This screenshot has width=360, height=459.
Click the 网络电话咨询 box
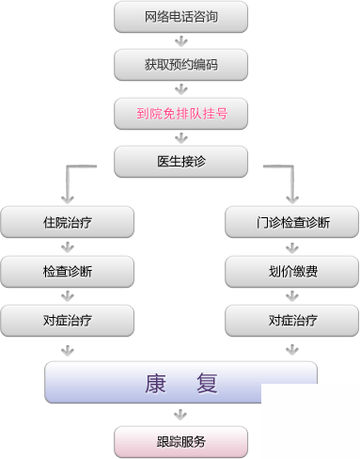pos(180,16)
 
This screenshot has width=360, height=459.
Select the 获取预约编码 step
pos(180,65)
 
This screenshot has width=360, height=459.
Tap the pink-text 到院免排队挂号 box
pos(180,114)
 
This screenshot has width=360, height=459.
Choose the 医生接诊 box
pos(180,162)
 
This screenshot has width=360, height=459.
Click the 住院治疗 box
pos(67,224)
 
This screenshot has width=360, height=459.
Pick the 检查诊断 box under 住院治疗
pos(67,272)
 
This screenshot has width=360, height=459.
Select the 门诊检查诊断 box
pos(292,224)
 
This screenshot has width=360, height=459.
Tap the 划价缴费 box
pos(292,272)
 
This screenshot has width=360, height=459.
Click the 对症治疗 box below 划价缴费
pos(292,321)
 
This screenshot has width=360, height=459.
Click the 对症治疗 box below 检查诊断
pos(67,321)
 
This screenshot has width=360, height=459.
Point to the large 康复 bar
pos(180,383)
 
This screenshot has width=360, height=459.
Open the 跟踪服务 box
pos(180,441)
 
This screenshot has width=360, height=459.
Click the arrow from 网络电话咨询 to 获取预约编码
pos(180,40)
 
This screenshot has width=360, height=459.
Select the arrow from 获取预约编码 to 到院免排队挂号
pos(180,89)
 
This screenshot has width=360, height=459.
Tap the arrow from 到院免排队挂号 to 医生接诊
pos(180,138)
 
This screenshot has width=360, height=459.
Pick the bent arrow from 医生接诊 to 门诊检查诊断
pos(286,184)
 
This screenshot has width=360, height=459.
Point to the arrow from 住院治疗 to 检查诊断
pos(67,248)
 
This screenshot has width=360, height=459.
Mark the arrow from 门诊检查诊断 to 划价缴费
pos(292,248)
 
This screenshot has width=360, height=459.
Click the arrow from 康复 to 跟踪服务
pos(180,414)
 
